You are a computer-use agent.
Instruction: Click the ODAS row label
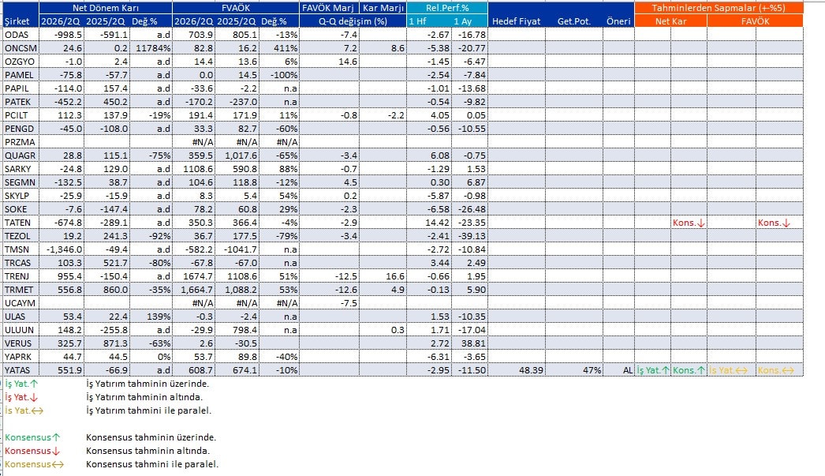[16, 35]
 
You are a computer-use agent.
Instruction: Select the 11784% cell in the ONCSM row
[154, 48]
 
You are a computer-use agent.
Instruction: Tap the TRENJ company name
[17, 276]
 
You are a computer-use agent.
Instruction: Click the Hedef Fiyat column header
[516, 21]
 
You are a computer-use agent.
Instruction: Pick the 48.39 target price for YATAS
[531, 370]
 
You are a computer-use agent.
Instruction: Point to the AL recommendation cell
[628, 370]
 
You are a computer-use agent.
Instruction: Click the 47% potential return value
[592, 370]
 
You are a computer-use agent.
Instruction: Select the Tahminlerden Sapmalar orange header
[719, 8]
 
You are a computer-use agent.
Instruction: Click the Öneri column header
[618, 21]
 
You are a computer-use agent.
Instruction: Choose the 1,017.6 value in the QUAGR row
[241, 156]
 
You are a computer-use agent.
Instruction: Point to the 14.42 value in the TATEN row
[438, 223]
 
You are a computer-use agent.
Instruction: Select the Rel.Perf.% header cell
[446, 8]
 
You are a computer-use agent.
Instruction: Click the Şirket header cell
[17, 21]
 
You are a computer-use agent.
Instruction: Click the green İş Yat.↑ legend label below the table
[21, 384]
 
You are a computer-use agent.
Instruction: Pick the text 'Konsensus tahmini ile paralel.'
[152, 464]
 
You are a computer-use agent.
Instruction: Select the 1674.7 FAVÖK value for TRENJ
[195, 276]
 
